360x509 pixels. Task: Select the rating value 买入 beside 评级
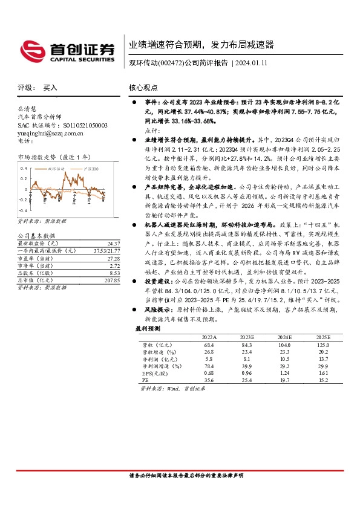pos(50,88)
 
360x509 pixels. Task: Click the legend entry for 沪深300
pos(92,169)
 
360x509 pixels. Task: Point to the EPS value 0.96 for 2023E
pos(246,374)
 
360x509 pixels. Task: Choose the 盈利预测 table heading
pos(148,328)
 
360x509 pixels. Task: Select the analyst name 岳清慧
pos(27,108)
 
